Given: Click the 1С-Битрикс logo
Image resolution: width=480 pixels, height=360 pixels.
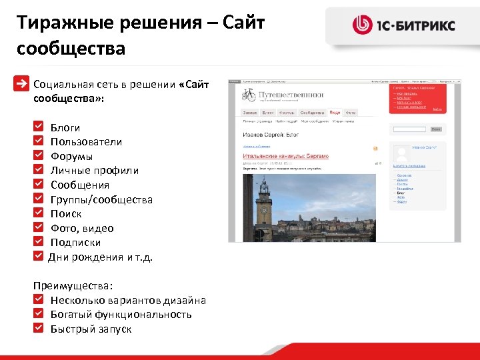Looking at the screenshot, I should coord(404,26).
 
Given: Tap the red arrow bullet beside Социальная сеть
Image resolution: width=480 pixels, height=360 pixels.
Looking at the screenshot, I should coord(23,84).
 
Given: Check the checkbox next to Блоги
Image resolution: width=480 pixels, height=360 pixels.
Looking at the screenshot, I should coord(39,126).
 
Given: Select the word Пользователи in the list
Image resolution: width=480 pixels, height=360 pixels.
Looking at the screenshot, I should coord(86,141).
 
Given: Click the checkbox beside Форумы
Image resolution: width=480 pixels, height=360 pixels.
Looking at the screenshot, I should coord(39,155).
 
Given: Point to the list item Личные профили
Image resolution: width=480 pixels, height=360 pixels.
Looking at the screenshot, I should coord(94,171).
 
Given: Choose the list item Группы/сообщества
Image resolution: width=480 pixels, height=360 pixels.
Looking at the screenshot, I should coord(101,200).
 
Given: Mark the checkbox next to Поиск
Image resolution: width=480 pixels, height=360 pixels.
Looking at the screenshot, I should coord(39,213).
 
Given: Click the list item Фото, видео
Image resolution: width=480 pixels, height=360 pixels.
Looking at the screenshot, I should coord(82,229).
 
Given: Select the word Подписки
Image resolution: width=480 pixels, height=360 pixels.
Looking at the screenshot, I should coord(75,243).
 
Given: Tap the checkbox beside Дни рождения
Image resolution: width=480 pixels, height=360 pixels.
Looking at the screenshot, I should coord(39,257).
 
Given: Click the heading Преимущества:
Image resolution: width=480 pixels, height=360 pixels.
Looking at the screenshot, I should coord(73,285).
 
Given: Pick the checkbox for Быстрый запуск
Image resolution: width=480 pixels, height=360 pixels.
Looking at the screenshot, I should coord(39,328).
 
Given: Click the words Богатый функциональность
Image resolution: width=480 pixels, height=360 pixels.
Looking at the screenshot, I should coord(121,315).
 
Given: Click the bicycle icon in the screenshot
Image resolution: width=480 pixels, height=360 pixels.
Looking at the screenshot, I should coord(249,95).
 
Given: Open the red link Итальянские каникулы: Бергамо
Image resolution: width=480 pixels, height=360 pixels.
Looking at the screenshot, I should coord(285,155).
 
